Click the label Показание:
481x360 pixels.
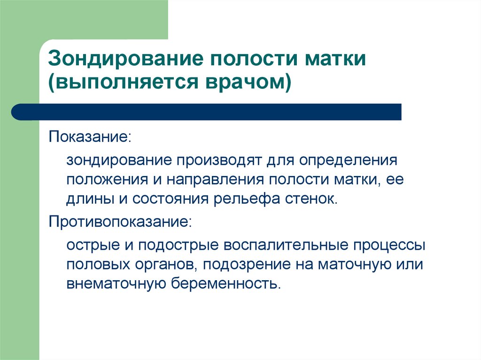pos(90,138)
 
